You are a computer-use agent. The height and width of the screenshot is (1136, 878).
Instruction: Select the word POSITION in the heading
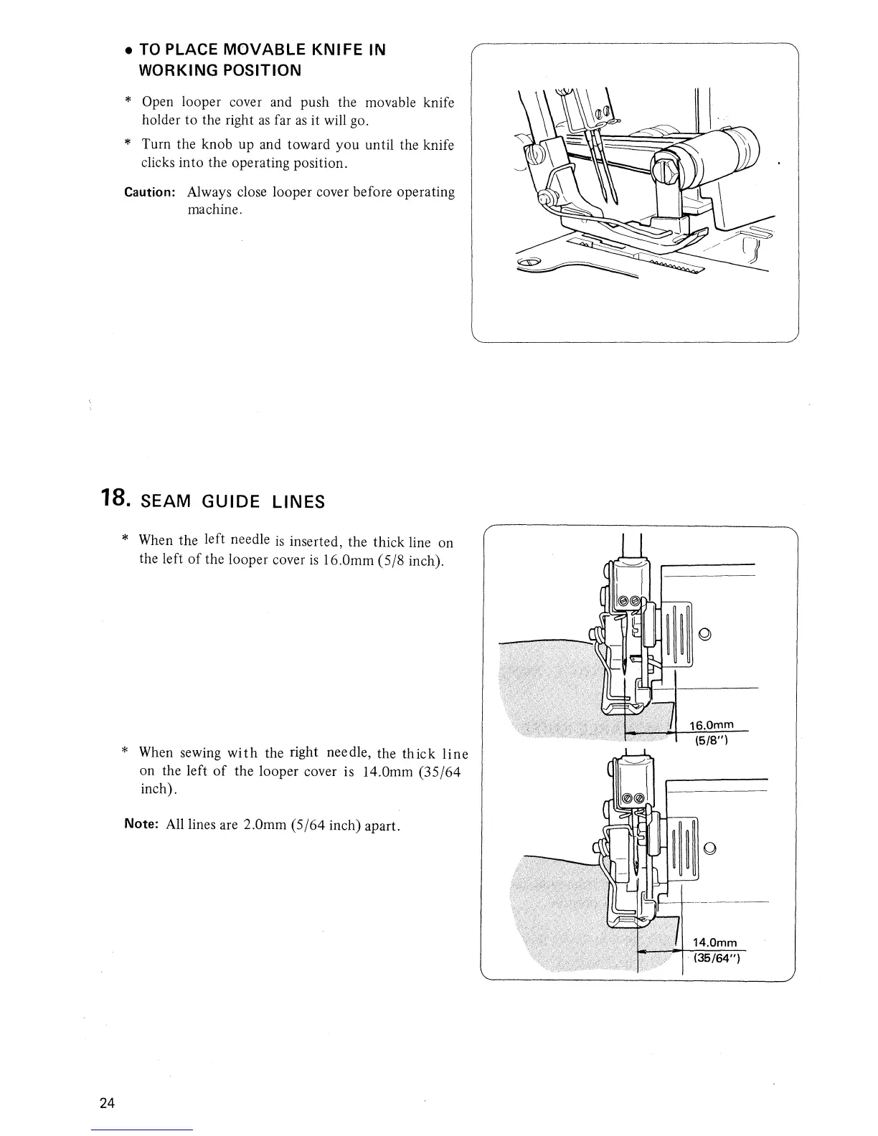[260, 70]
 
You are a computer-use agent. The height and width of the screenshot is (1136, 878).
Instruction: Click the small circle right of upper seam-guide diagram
[704, 633]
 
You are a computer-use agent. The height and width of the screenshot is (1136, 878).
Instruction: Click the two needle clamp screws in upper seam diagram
[629, 600]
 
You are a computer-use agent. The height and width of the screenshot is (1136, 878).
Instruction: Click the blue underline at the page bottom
[143, 1130]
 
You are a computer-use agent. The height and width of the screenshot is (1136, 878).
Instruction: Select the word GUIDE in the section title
[232, 501]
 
